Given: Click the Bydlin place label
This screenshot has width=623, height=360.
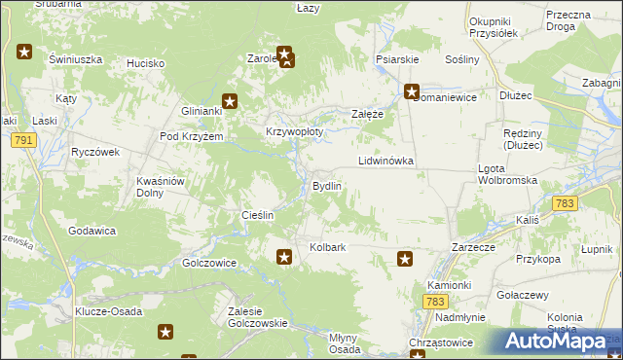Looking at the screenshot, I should (x=326, y=186).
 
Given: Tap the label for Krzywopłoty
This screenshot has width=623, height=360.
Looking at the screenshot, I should (x=294, y=131).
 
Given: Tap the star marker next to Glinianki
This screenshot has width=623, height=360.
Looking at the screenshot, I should (x=230, y=99).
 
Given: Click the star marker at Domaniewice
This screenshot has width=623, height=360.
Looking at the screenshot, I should (x=412, y=92).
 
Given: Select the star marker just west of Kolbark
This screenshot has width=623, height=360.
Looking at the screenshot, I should (x=283, y=257).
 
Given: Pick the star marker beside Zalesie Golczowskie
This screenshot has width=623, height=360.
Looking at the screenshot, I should (x=165, y=333).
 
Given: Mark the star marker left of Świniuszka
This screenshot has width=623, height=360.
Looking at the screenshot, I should (x=24, y=52).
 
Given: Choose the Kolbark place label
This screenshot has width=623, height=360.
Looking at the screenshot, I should (x=328, y=248).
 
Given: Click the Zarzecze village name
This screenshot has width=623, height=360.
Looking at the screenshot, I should (x=476, y=248).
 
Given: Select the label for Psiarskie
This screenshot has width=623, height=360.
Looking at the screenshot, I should (x=397, y=59).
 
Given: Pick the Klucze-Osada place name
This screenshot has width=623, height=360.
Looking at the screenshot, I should (x=109, y=311).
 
